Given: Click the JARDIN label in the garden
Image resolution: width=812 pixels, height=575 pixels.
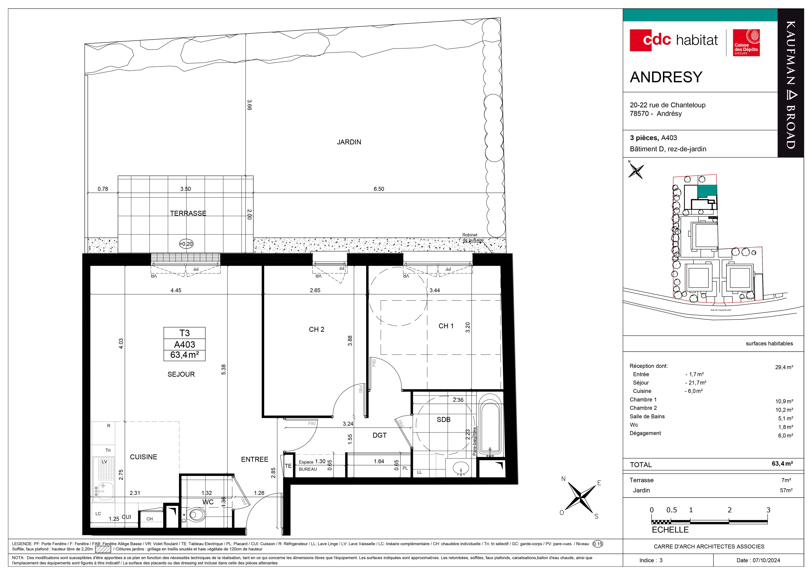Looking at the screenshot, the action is [349, 142].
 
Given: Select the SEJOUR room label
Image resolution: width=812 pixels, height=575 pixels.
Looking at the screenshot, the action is [181, 374].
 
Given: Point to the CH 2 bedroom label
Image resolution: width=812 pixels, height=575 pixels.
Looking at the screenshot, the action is [317, 329].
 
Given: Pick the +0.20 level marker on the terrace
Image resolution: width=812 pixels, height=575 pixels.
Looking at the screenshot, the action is [186, 244].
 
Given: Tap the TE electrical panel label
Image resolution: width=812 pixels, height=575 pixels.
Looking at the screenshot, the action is [288, 466].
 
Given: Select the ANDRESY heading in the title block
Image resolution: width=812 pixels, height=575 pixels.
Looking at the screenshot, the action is [666, 77].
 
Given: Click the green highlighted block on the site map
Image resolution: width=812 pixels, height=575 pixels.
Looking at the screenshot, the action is [707, 191].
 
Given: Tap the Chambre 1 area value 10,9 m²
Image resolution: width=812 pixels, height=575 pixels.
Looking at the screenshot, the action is [784, 401].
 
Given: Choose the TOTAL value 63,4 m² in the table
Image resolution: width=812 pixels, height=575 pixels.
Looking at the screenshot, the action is [782, 464].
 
